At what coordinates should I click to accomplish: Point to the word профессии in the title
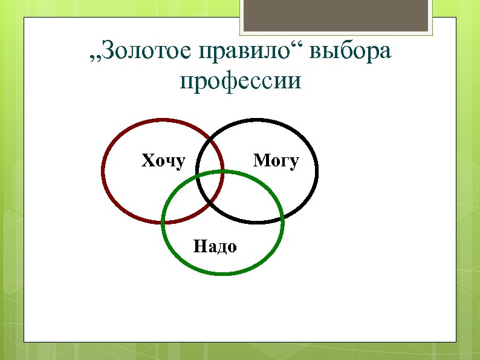[x=240, y=81]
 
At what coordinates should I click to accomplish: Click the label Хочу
[x=163, y=161]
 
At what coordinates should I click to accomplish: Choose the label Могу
[x=276, y=161]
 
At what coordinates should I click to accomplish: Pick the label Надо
[x=215, y=246]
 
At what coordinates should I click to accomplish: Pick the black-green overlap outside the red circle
[x=242, y=203]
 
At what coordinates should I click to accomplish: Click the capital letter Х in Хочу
[x=147, y=161]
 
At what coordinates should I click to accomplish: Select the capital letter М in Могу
[x=261, y=161]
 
